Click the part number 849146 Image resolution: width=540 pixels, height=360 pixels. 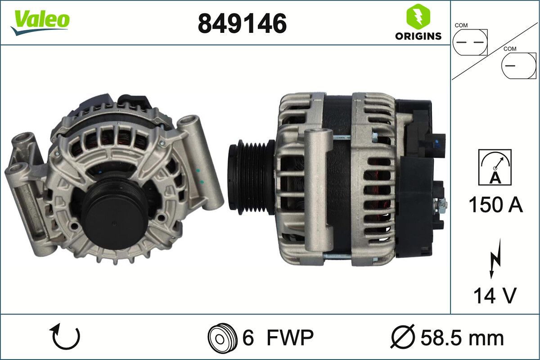[x=242, y=23]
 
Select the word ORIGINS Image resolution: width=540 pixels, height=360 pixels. [x=418, y=36]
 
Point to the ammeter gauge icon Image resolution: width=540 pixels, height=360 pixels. [x=495, y=167]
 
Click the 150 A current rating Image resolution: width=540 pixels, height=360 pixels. [x=495, y=205]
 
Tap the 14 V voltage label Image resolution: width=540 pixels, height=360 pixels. [x=494, y=296]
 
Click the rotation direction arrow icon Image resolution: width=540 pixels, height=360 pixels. [x=66, y=337]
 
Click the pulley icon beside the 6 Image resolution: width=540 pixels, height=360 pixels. [x=222, y=337]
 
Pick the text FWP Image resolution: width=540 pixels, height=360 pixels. [x=289, y=337]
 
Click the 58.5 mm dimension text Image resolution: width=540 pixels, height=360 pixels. [x=462, y=337]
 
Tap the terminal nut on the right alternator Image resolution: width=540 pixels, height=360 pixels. [x=442, y=205]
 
